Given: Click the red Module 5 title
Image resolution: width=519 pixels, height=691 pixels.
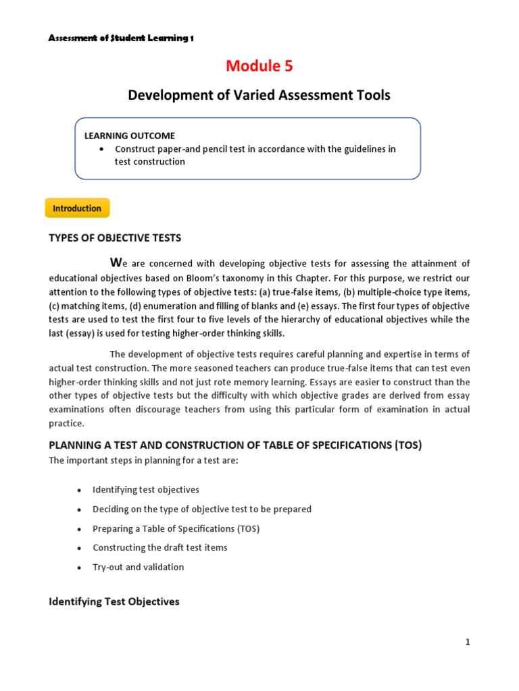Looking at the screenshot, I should (x=259, y=65).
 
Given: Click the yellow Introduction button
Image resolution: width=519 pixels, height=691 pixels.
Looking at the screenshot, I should (x=77, y=209).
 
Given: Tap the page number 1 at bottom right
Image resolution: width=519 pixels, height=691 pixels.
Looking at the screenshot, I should (x=467, y=642).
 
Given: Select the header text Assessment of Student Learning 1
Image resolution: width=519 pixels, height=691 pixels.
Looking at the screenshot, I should (x=121, y=38).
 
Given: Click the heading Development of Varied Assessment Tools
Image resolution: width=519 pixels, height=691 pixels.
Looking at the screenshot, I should (x=259, y=95).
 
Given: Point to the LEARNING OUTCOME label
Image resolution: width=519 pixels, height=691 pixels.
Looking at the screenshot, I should (x=120, y=136).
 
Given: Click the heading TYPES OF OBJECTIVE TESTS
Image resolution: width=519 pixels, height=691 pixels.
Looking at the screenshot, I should (x=115, y=238).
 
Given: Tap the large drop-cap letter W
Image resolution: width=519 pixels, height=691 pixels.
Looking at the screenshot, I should (x=115, y=262).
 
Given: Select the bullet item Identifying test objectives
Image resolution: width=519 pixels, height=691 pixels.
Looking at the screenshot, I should (x=146, y=489).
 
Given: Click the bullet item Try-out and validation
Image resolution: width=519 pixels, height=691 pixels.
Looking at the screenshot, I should (x=138, y=567).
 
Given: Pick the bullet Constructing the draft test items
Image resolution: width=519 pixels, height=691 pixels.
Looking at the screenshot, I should (x=159, y=547).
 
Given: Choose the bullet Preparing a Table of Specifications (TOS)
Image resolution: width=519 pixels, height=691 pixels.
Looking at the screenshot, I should (x=176, y=528).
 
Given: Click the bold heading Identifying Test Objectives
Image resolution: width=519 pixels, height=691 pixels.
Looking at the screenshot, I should (x=114, y=601).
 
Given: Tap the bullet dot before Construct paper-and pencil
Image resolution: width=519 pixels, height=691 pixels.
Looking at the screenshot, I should (x=101, y=149).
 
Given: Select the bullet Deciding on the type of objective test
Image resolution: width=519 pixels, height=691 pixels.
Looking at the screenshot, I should (x=202, y=509).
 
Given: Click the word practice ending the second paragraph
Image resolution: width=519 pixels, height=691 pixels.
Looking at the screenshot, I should (x=66, y=423).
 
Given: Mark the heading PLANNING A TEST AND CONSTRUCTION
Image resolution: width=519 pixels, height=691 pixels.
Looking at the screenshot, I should (x=235, y=445).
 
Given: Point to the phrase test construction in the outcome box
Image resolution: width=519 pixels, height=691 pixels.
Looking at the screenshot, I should (x=149, y=162).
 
